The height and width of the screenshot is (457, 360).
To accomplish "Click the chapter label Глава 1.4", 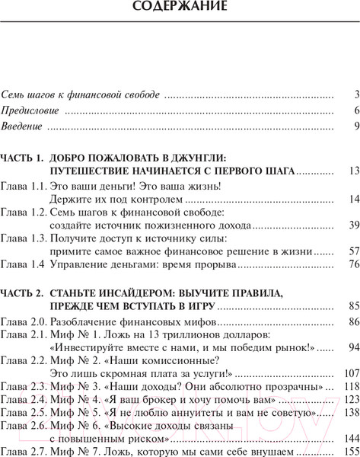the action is point(23,265).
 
